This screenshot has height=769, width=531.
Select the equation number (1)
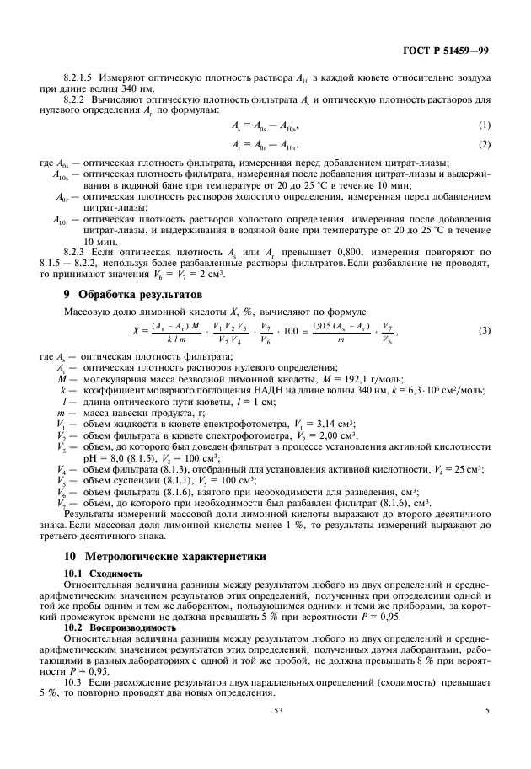click(x=484, y=125)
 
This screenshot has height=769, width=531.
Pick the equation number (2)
click(x=484, y=145)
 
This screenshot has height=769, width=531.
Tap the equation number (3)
click(x=484, y=330)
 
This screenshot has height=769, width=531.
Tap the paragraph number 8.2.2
click(x=77, y=99)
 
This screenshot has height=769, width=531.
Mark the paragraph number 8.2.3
click(x=77, y=251)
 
